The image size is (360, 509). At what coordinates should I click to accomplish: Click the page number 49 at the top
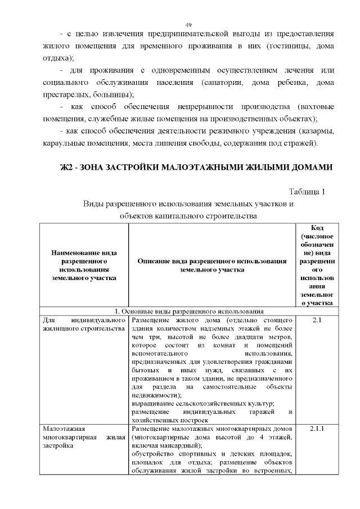(x=188, y=25)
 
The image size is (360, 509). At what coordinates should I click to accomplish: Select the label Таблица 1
(x=307, y=192)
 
